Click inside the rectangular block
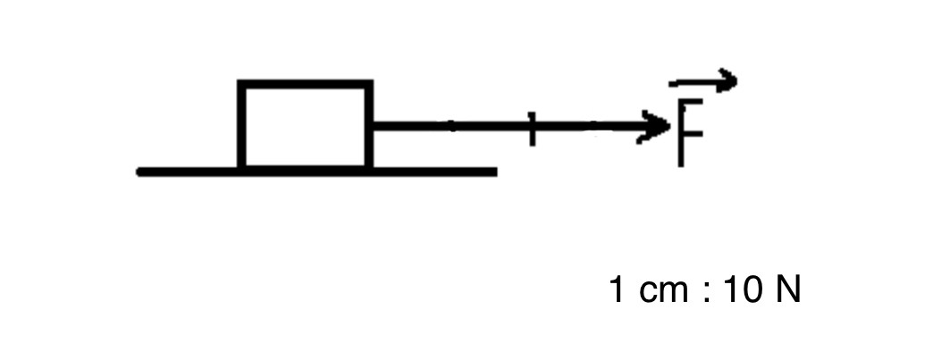306,126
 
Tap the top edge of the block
306,84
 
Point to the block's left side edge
241,126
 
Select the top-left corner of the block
239,80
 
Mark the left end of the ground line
139,172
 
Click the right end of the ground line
496,172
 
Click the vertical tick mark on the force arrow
532,128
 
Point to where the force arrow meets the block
374,126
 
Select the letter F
690,133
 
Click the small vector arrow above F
703,81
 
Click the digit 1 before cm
617,290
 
